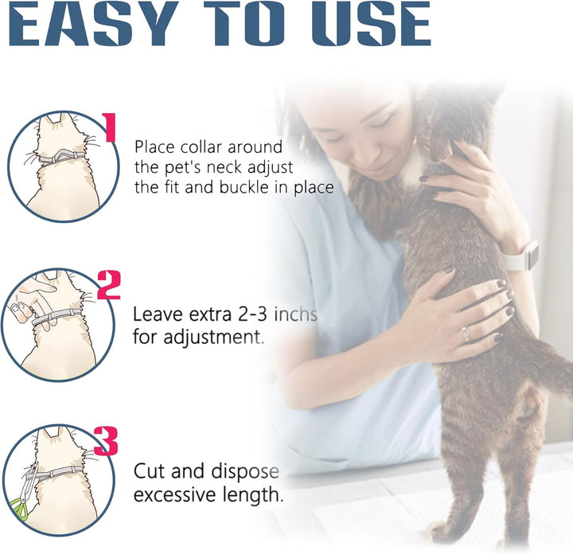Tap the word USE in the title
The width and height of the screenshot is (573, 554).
366,25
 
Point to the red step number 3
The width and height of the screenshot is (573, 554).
106,440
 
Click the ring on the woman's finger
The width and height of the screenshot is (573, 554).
466,334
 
